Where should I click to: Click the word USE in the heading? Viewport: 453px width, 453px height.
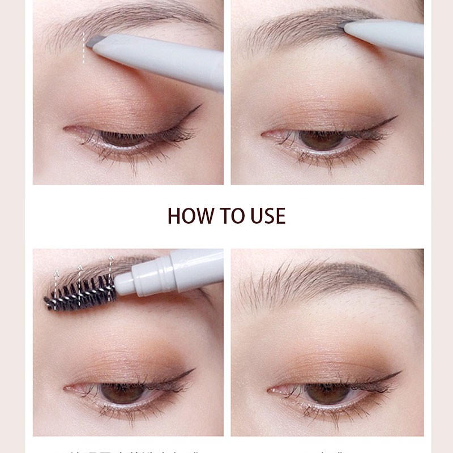coord(266,216)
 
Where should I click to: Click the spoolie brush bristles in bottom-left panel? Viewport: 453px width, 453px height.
coord(79,293)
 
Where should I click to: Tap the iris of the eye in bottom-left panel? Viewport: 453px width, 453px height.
coord(122,392)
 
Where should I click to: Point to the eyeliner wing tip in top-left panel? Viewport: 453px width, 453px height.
coord(200,106)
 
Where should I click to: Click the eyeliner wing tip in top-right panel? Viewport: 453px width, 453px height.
coord(396,118)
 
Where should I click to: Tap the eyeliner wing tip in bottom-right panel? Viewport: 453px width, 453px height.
coord(400,373)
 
